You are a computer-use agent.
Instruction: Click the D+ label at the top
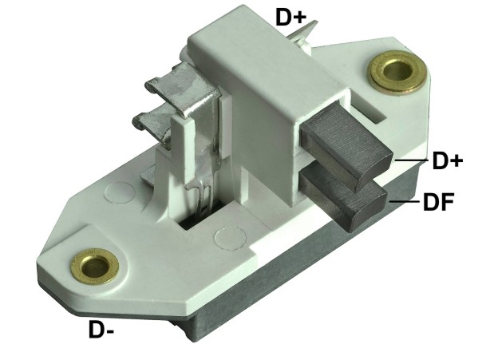click(290, 18)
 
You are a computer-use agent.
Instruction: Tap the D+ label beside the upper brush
click(447, 160)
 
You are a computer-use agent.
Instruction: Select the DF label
click(439, 201)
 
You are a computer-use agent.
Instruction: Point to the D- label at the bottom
click(101, 330)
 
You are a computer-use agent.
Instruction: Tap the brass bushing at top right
click(397, 73)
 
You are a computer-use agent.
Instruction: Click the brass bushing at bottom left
click(94, 266)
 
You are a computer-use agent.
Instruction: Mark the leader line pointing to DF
click(405, 201)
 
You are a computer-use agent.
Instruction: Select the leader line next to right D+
click(411, 160)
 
